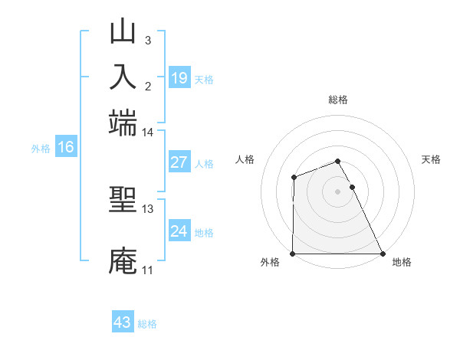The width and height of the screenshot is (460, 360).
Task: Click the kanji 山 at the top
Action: click(123, 32)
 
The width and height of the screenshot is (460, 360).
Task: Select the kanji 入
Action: click(123, 77)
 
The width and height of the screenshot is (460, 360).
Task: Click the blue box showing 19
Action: click(179, 78)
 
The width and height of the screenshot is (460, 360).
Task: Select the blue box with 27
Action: click(179, 163)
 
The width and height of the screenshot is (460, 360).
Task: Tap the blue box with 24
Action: click(179, 232)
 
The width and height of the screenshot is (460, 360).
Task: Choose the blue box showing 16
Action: click(65, 148)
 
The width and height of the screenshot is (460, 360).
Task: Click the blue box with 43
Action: click(123, 322)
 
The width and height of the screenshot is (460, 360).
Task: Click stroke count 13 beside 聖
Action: click(147, 208)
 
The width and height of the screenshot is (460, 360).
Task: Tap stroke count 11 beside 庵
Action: click(147, 270)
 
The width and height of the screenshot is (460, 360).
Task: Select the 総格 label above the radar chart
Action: click(338, 100)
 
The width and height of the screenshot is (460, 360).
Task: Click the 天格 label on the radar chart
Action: click(432, 159)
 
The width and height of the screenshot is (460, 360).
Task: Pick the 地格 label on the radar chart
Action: click(402, 263)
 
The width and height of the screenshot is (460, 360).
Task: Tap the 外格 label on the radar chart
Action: click(270, 263)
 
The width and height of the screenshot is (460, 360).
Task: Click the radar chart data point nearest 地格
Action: click(383, 254)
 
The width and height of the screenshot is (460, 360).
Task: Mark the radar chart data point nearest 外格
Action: click(293, 254)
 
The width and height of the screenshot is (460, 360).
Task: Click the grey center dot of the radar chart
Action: click(338, 191)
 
